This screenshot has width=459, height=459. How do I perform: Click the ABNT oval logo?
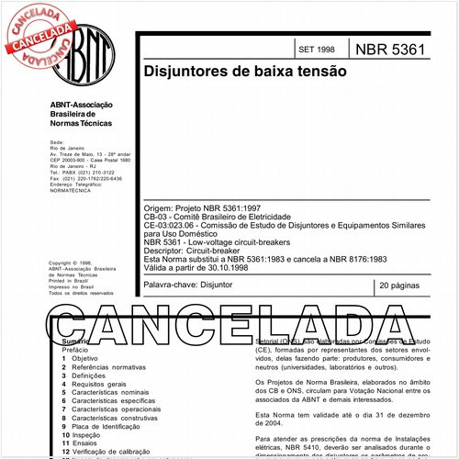(x=88, y=50)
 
